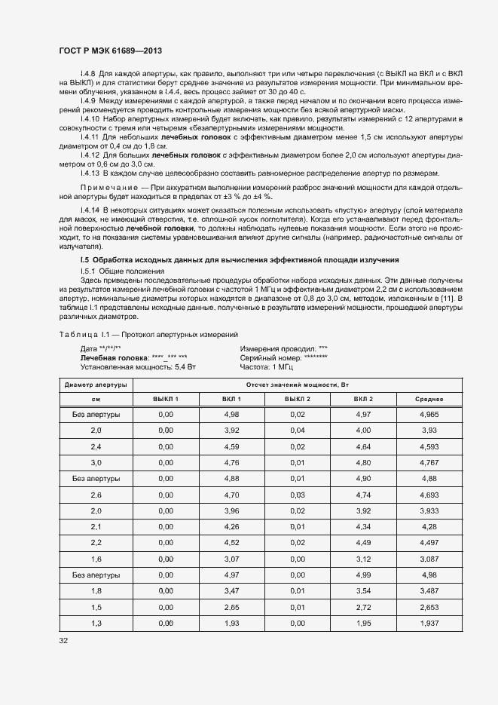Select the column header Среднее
[429, 399]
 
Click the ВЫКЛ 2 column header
[297, 399]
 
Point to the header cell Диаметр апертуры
[96, 384]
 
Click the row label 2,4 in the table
[96, 446]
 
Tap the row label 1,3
[96, 623]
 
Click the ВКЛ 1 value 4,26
[231, 526]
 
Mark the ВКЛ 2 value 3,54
[363, 590]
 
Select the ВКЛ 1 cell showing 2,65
[231, 606]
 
